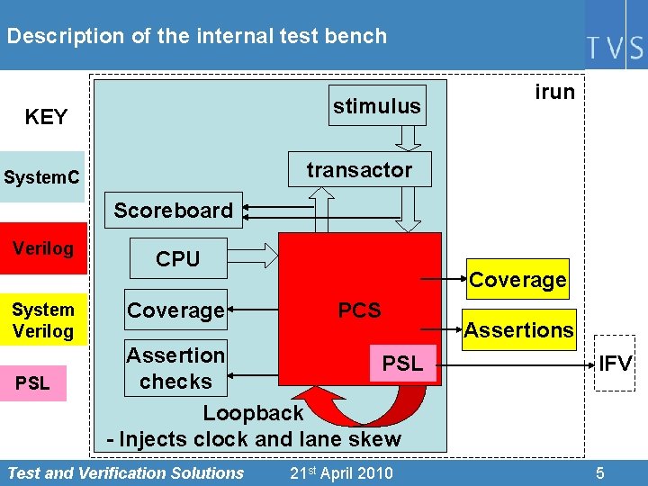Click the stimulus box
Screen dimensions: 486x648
coord(376,106)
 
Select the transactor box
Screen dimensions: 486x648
coord(359,170)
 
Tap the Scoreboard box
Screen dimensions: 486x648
coord(173,210)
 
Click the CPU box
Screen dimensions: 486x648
coord(177,258)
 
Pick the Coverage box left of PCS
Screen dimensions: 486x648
coord(175,310)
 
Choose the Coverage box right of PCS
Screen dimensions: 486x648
coord(517,280)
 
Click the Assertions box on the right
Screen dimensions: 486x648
coord(518,330)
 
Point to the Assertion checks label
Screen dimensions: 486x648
coord(175,368)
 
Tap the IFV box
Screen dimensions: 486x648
coord(616,364)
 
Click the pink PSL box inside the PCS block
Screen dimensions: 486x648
coord(401,364)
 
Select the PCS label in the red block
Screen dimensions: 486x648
coord(359,310)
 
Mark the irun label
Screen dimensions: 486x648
coord(554,92)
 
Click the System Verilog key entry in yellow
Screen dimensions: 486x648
coord(43,320)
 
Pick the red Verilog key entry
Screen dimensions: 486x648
coord(43,249)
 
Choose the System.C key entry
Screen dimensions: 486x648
coord(40,178)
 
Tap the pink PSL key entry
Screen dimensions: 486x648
coord(33,382)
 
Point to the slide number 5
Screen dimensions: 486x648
coord(600,472)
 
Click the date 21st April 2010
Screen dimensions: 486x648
coord(341,472)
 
